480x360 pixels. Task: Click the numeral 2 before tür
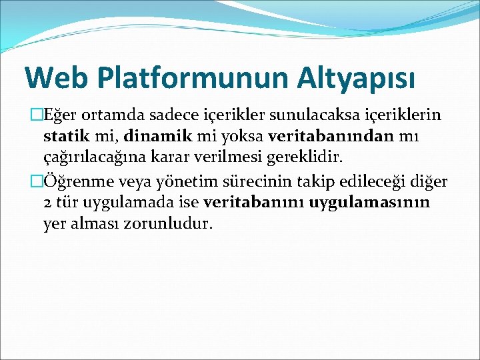tap(47, 202)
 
